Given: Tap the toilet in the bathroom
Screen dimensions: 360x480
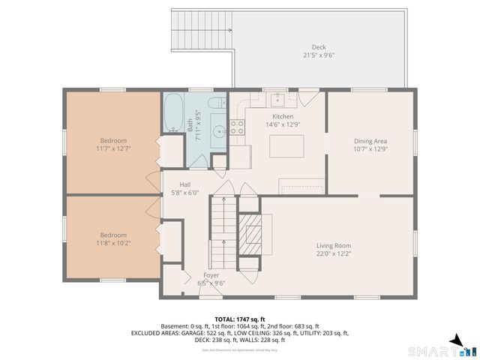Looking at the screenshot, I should pyautogui.click(x=215, y=103).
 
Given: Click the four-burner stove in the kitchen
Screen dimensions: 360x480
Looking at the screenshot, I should pyautogui.click(x=238, y=127).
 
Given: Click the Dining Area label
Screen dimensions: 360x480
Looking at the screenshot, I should pyautogui.click(x=370, y=140).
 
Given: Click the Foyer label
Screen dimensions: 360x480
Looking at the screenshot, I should pyautogui.click(x=211, y=275).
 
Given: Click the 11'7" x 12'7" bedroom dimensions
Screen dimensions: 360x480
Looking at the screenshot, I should pyautogui.click(x=113, y=148).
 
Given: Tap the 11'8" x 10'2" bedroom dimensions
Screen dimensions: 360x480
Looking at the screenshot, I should pyautogui.click(x=113, y=243).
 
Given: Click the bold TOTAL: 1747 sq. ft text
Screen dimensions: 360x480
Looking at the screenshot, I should pyautogui.click(x=240, y=319).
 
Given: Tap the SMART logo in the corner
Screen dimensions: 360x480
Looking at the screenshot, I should pyautogui.click(x=442, y=350).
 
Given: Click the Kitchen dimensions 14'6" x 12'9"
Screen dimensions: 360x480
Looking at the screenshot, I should pyautogui.click(x=283, y=124).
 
